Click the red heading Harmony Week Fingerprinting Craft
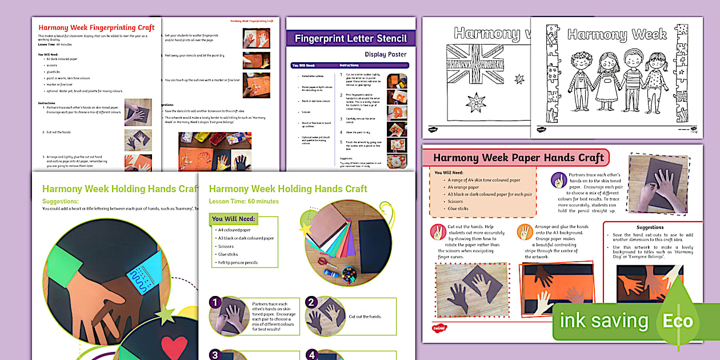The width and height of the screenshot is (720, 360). pyautogui.click(x=96, y=27)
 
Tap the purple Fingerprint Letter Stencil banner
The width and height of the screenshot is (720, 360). pyautogui.click(x=350, y=39)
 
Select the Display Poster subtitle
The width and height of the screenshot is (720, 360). pyautogui.click(x=386, y=55)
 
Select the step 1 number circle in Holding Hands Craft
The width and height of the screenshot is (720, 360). pyautogui.click(x=215, y=302)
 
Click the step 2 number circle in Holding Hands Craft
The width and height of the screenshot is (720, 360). pyautogui.click(x=311, y=302)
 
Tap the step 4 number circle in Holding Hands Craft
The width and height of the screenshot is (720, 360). pyautogui.click(x=311, y=355)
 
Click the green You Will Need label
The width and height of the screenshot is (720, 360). pyautogui.click(x=233, y=219)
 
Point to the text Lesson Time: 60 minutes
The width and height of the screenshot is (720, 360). pyautogui.click(x=244, y=201)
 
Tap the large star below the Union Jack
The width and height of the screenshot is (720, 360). pyautogui.click(x=475, y=103)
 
